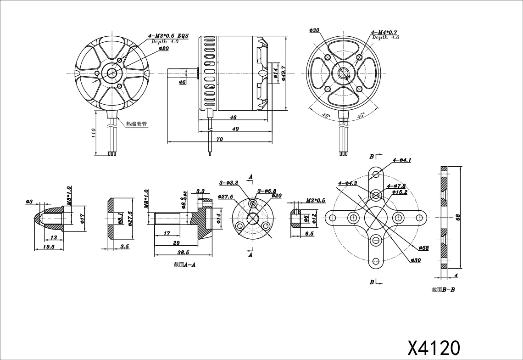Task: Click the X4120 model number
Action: coord(433,347)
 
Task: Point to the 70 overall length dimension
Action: coord(219,139)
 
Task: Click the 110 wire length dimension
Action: coord(93,133)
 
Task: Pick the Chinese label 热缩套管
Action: coord(136,124)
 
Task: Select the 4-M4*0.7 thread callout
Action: coord(384,32)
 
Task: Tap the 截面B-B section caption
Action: coord(443,290)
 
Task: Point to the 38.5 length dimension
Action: coord(183,253)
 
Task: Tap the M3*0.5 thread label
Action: coord(315,201)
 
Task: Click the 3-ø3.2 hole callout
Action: coord(228,183)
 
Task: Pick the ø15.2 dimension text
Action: coord(400,192)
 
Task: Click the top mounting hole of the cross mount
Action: coord(376,174)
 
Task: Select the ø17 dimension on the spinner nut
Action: coord(82,217)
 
